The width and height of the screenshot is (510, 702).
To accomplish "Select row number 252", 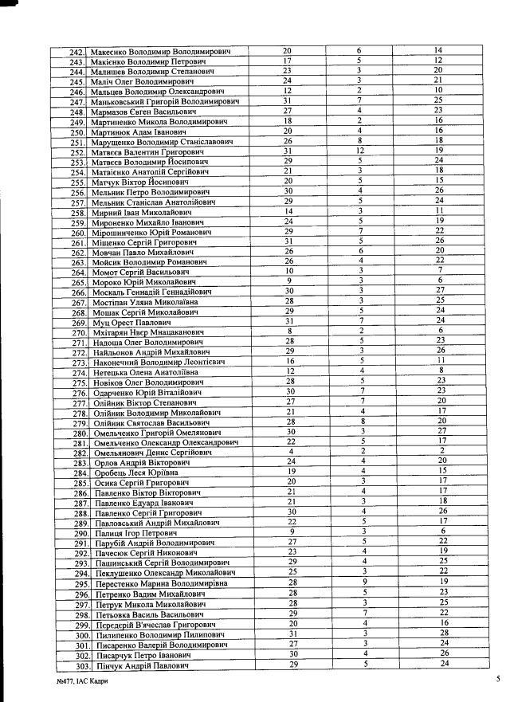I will point(77,152).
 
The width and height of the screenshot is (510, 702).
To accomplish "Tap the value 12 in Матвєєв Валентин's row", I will point(360,151).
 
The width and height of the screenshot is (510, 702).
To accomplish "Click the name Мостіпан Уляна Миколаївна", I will point(146,303).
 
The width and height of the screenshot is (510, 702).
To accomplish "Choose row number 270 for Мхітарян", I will point(77,333).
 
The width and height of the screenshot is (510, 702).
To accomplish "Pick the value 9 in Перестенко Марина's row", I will point(360,583).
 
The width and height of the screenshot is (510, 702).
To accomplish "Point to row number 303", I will point(77,665).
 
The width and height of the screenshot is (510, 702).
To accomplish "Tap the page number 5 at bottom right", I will point(495,680).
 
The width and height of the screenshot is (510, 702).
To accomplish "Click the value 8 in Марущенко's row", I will point(360,141).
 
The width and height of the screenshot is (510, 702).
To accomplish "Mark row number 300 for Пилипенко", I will point(77,635).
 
